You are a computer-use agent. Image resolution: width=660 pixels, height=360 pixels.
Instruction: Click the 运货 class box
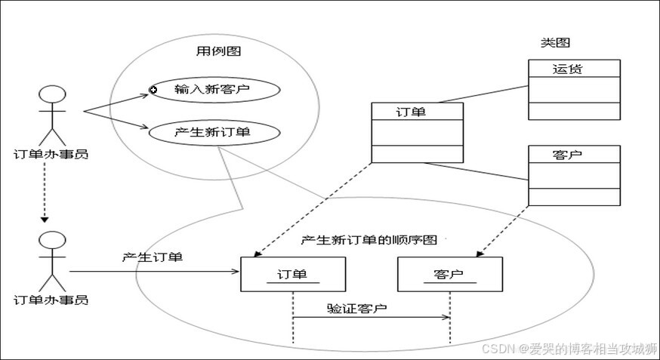[x=574, y=89]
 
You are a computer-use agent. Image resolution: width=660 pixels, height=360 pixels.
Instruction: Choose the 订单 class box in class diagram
[x=417, y=132]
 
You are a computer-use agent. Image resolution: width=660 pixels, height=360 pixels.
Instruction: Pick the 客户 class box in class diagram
[x=574, y=175]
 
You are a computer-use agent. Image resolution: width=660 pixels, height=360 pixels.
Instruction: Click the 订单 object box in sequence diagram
[x=293, y=275]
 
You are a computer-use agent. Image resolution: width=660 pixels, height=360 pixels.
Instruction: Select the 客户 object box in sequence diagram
[x=449, y=275]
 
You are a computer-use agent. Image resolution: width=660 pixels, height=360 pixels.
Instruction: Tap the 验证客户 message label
[x=357, y=308]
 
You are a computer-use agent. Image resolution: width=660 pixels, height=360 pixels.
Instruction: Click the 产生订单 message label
[x=152, y=257]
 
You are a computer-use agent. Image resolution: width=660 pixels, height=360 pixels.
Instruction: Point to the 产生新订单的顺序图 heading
[x=369, y=240]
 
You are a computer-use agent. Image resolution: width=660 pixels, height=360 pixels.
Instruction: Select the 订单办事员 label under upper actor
[x=51, y=155]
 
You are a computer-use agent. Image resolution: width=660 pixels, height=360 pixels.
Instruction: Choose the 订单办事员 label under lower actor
[x=51, y=300]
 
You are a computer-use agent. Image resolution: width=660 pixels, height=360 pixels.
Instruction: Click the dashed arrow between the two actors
[x=45, y=192]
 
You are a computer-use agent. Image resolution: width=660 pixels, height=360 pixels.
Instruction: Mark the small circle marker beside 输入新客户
[x=153, y=90]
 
